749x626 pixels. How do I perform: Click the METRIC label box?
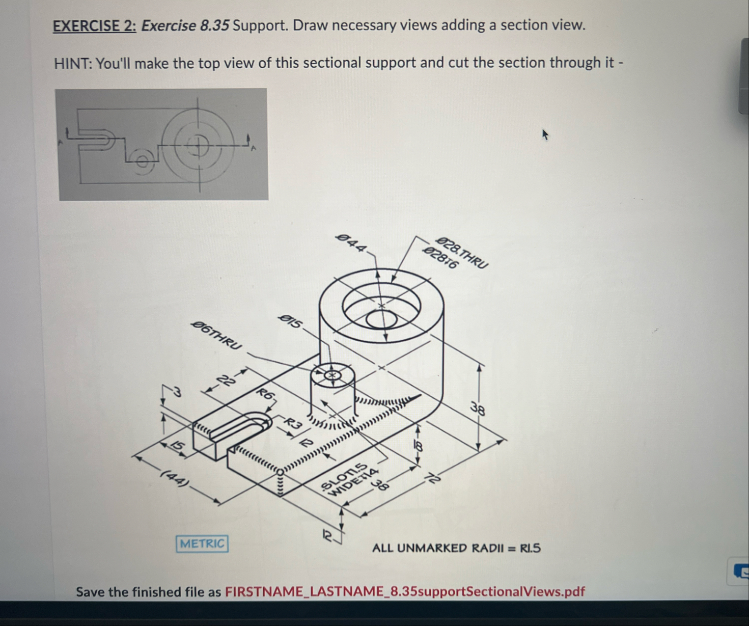point(202,543)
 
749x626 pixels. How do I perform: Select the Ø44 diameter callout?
point(351,243)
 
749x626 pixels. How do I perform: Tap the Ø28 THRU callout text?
point(463,252)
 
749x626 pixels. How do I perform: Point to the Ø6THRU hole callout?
point(216,335)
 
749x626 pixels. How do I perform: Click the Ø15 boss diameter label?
point(291,321)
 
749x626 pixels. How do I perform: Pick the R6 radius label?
point(266,394)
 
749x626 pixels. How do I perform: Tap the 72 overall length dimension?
point(433,478)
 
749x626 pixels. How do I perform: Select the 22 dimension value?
point(227,381)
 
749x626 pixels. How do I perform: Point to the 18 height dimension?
point(418,446)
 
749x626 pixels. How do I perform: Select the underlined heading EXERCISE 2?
point(95,26)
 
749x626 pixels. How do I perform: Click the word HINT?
point(72,64)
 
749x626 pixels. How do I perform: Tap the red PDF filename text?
point(405,591)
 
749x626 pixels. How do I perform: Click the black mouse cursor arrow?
point(545,135)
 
